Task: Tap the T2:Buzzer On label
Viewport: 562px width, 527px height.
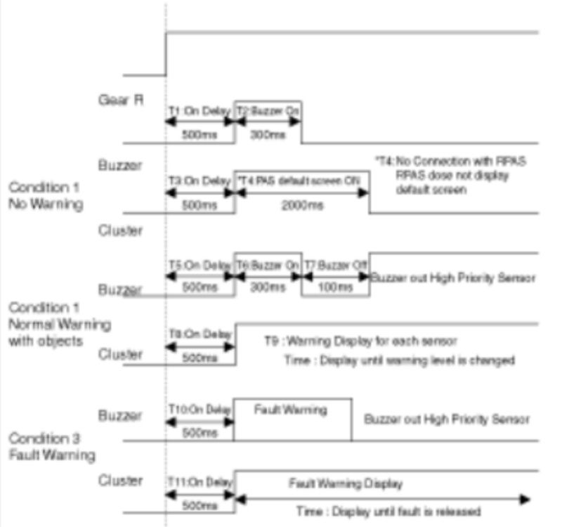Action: click(268, 112)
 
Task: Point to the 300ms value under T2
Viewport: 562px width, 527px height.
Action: click(267, 136)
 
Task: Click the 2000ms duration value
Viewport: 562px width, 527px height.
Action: click(304, 205)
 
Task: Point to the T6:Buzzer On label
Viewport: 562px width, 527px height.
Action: click(268, 266)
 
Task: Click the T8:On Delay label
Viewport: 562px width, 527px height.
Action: click(200, 334)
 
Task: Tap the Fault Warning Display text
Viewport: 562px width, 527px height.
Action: click(345, 483)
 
